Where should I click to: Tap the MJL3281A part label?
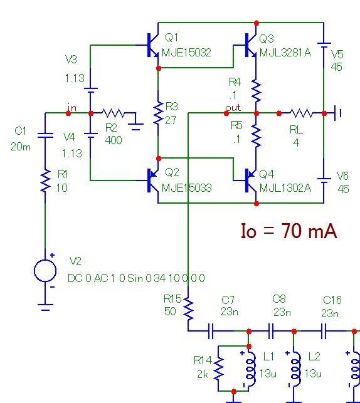285,53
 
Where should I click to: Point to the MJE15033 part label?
187,188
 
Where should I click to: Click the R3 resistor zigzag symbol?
158,113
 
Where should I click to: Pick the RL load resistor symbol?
302,113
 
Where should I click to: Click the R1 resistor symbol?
46,181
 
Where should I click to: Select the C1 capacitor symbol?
46,135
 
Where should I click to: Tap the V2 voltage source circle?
45,271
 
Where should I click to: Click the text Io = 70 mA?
289,231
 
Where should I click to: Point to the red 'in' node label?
72,107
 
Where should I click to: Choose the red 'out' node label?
233,108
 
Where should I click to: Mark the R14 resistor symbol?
218,368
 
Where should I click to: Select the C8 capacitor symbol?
271,331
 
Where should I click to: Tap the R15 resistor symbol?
189,308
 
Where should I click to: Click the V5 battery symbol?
324,45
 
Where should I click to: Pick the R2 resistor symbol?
113,113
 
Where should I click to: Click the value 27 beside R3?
171,120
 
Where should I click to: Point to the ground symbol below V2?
45,307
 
